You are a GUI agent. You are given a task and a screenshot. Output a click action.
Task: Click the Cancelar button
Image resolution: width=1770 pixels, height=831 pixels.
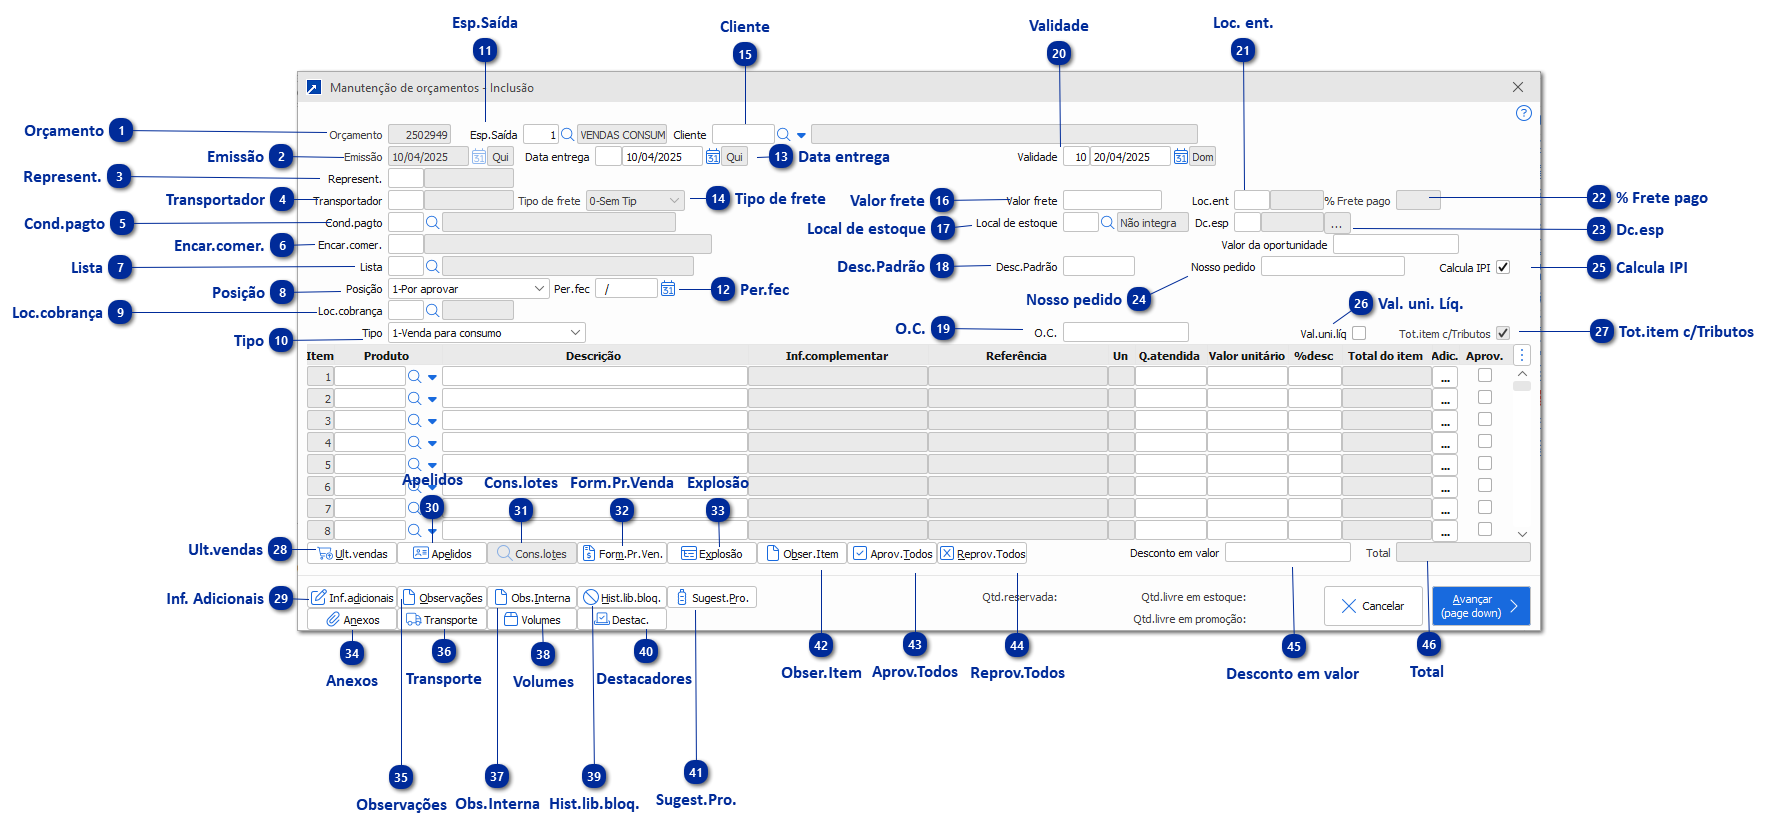[x=1372, y=606]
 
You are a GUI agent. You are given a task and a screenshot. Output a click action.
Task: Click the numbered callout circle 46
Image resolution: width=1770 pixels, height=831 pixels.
[x=1429, y=645]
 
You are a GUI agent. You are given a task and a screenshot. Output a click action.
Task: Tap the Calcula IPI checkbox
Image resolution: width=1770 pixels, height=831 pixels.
[x=1502, y=267]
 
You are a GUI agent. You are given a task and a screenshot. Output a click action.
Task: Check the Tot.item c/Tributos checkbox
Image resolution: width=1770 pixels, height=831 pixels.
[x=1502, y=333]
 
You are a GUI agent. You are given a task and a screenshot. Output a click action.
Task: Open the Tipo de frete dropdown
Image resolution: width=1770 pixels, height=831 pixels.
[x=635, y=201]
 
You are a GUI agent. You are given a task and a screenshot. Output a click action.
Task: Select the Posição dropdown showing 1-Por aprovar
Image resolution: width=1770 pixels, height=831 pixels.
[x=468, y=289]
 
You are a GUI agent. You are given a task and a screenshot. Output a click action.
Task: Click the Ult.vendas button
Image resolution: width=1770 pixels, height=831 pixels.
[x=352, y=553]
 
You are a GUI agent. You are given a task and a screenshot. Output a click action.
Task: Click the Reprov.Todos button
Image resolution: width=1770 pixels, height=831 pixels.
[x=982, y=553]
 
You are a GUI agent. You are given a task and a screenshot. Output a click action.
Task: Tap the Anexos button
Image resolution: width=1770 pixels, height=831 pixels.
[x=352, y=620]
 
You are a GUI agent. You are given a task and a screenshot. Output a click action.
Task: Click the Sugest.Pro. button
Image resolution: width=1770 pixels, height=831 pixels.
[x=711, y=598]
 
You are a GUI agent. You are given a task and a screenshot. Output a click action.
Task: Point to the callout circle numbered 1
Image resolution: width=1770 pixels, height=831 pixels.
[x=122, y=131]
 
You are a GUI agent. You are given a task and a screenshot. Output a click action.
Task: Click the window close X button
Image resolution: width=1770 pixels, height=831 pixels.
[x=1517, y=88]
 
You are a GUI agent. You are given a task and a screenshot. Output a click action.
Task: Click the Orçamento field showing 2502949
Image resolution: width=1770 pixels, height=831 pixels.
[x=419, y=134]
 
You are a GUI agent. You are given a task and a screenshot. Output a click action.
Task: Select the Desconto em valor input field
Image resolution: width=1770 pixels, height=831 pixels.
[x=1287, y=552]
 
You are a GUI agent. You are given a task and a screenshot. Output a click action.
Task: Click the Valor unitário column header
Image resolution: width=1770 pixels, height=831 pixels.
[x=1246, y=356]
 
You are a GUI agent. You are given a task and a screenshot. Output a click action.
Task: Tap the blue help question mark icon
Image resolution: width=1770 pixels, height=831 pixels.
[x=1523, y=114]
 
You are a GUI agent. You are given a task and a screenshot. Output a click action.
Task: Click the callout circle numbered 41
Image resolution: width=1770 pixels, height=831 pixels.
[x=696, y=772]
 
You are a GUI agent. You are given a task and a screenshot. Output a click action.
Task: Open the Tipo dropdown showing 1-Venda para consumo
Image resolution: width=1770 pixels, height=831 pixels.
[x=486, y=333]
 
